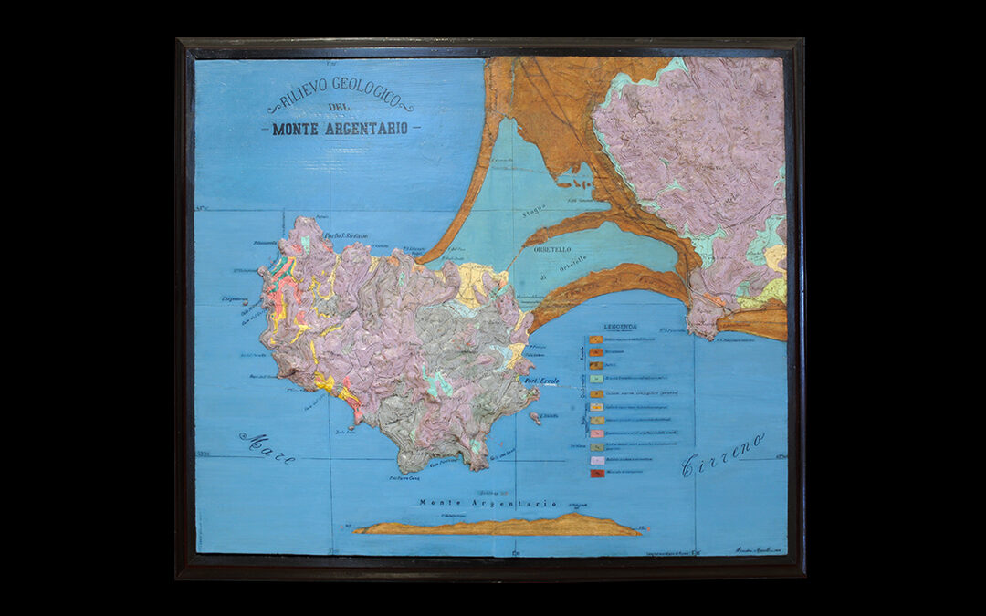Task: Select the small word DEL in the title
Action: pyautogui.click(x=340, y=110)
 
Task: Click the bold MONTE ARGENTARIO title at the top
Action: pyautogui.click(x=340, y=129)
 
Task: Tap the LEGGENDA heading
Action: pyautogui.click(x=620, y=327)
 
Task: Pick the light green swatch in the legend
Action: pyautogui.click(x=595, y=378)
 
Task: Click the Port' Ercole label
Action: pyautogui.click(x=539, y=380)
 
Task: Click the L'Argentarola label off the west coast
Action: pyautogui.click(x=236, y=298)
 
